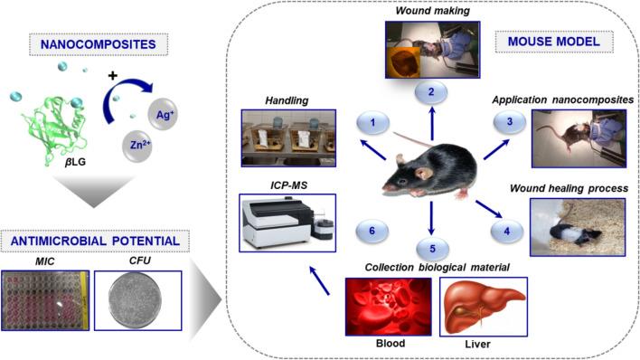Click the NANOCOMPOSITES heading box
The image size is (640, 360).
96,42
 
